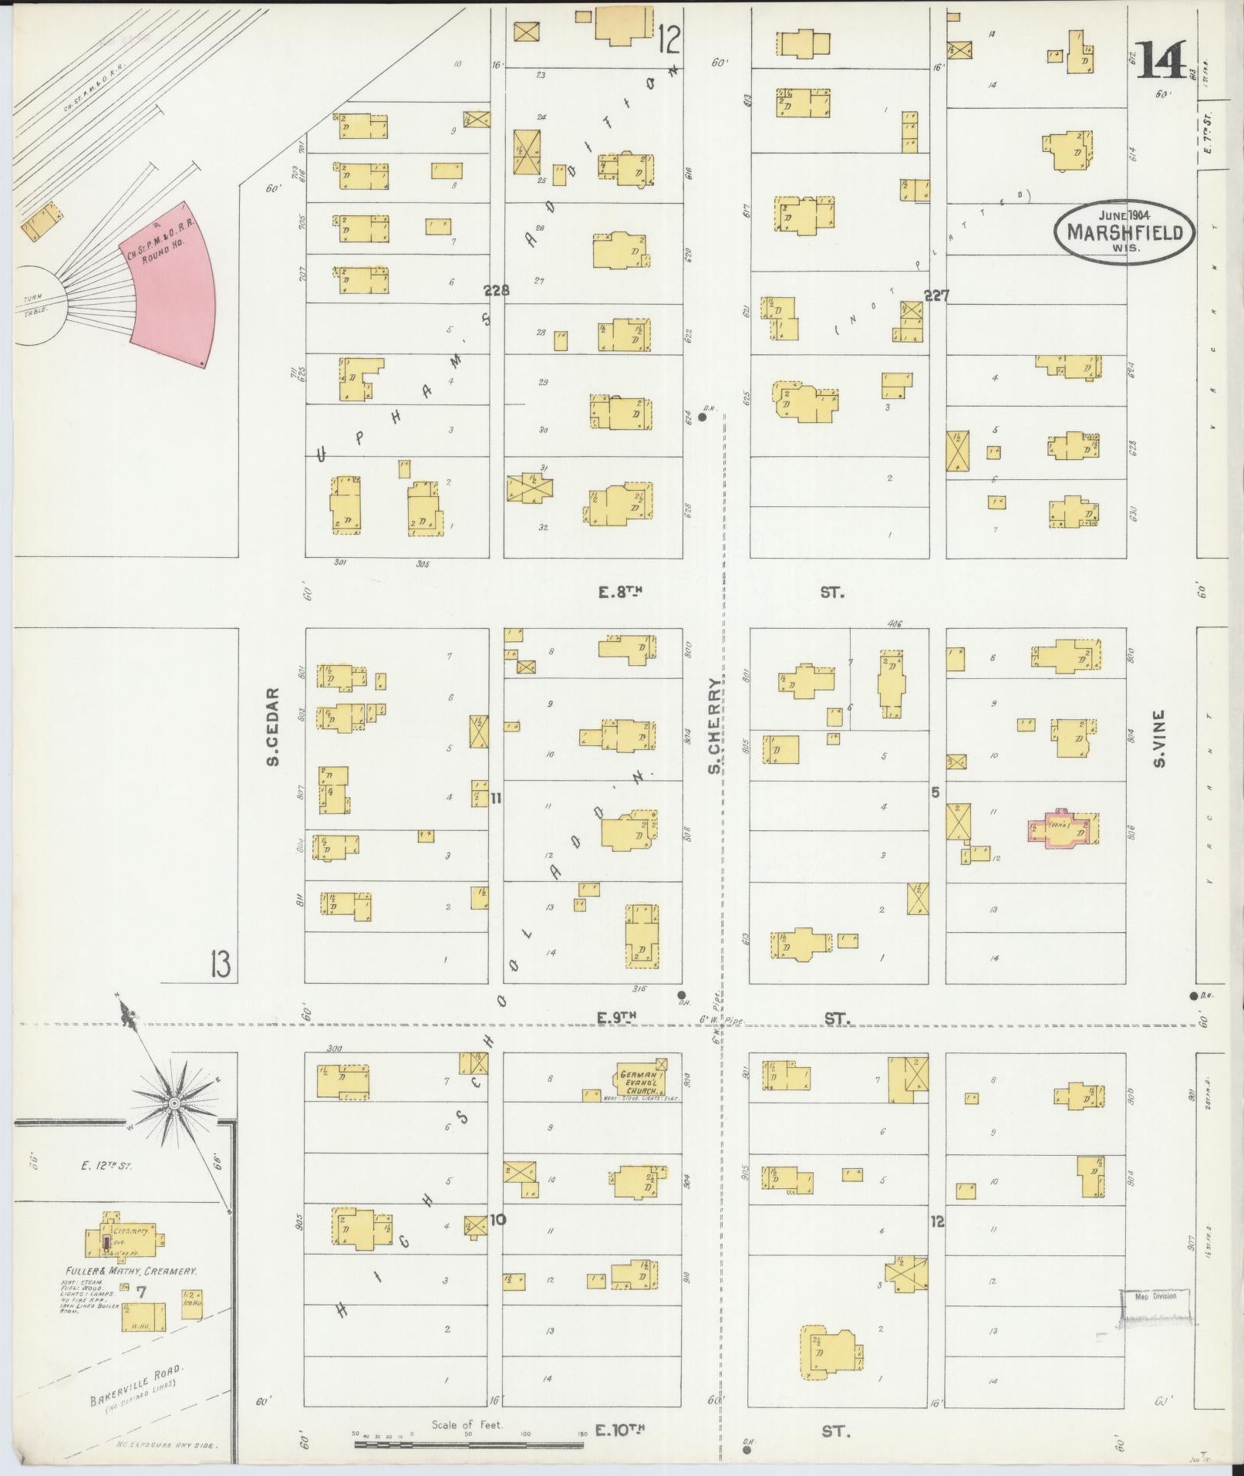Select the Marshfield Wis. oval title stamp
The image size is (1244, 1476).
[1125, 231]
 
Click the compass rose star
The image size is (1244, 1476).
[175, 1103]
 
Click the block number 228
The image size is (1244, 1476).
[497, 291]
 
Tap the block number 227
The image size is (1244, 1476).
[936, 295]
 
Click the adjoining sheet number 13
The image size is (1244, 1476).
[221, 964]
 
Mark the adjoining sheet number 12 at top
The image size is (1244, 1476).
[669, 37]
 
